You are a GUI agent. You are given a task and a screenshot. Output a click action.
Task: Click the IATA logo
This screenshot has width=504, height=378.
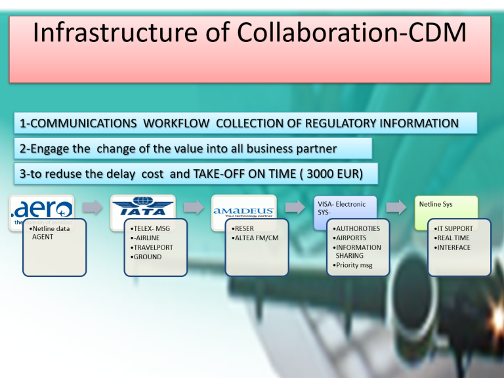(x=142, y=206)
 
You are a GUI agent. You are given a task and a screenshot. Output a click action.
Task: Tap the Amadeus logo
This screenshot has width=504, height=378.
(x=243, y=211)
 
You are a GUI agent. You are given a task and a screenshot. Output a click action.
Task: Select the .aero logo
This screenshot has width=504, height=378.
(x=42, y=211)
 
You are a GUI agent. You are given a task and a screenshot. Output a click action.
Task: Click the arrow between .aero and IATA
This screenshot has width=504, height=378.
(x=93, y=207)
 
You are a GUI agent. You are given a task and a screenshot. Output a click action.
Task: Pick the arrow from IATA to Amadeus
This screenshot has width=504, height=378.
(x=194, y=207)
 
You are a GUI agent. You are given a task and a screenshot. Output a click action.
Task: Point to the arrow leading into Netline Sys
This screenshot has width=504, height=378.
(x=396, y=207)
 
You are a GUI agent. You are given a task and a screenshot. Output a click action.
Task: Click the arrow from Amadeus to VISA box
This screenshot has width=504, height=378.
(x=295, y=207)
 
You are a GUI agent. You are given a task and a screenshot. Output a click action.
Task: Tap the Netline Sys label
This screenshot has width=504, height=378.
(x=436, y=204)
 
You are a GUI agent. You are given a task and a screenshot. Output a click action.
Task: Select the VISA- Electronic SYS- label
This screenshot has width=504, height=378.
(x=342, y=208)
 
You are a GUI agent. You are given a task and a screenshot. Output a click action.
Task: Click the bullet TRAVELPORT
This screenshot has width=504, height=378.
(x=152, y=247)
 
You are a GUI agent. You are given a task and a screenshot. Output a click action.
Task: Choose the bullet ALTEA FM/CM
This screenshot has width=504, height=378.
(x=255, y=238)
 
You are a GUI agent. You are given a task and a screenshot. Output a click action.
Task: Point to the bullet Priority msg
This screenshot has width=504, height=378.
(x=352, y=265)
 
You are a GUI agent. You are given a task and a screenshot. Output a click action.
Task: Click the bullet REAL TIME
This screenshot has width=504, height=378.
(x=451, y=238)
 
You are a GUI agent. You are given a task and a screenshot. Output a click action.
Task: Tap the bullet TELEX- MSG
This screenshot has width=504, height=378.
(x=150, y=228)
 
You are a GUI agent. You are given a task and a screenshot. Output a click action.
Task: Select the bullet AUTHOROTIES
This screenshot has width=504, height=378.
(x=356, y=228)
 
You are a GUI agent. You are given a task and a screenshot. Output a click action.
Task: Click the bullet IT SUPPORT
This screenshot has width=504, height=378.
(x=453, y=228)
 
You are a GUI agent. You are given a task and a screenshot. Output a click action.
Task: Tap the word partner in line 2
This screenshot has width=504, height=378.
(x=316, y=149)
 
